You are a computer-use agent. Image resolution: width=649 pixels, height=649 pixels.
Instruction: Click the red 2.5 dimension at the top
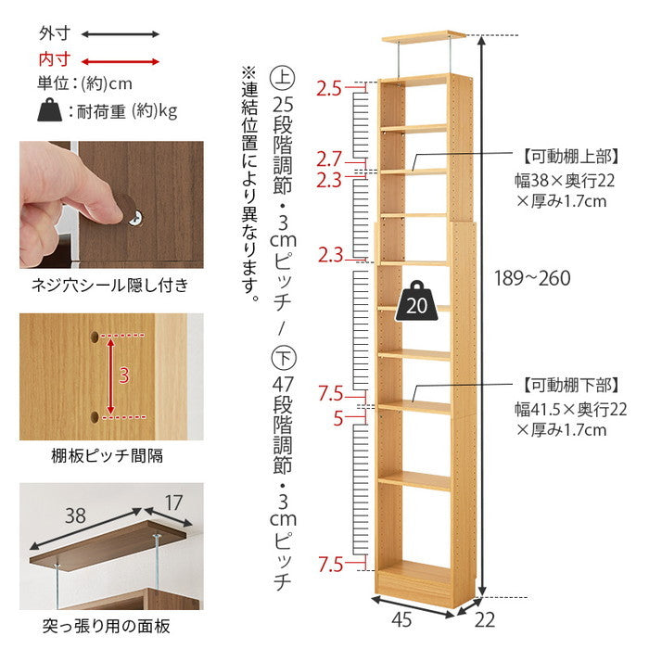click(x=329, y=89)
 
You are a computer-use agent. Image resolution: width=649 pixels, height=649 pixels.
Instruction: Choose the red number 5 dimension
click(x=338, y=417)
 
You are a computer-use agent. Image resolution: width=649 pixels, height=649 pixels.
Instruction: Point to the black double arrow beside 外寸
click(x=121, y=34)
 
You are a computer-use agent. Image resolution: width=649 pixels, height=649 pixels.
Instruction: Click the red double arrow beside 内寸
click(x=121, y=59)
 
